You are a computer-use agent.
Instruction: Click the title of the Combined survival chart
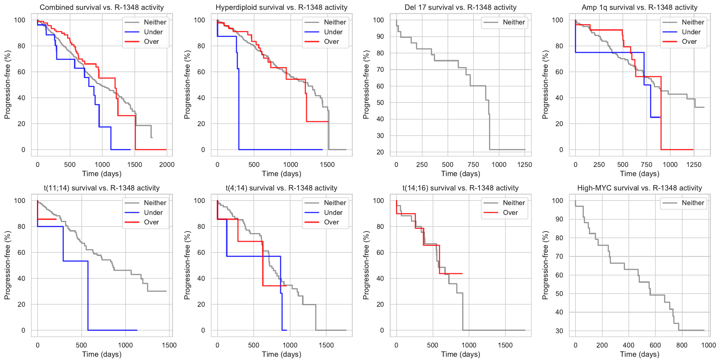click(102, 7)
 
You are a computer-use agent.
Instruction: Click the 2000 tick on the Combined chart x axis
click(167, 165)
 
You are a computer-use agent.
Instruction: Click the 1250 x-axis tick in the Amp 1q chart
click(694, 165)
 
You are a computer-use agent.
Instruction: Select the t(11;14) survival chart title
click(102, 188)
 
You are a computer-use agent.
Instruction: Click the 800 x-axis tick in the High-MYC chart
click(682, 345)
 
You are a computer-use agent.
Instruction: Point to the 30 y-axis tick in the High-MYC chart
click(559, 331)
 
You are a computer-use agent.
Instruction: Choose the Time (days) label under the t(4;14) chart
click(281, 354)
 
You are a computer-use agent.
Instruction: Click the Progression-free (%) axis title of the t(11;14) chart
click(7, 265)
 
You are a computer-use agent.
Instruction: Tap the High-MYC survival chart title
click(640, 188)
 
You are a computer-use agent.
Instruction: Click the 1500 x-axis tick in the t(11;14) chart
click(169, 345)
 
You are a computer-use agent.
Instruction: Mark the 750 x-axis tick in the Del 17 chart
click(473, 165)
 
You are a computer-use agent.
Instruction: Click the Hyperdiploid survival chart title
click(281, 7)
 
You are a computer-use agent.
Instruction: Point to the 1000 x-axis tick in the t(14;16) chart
click(469, 345)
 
